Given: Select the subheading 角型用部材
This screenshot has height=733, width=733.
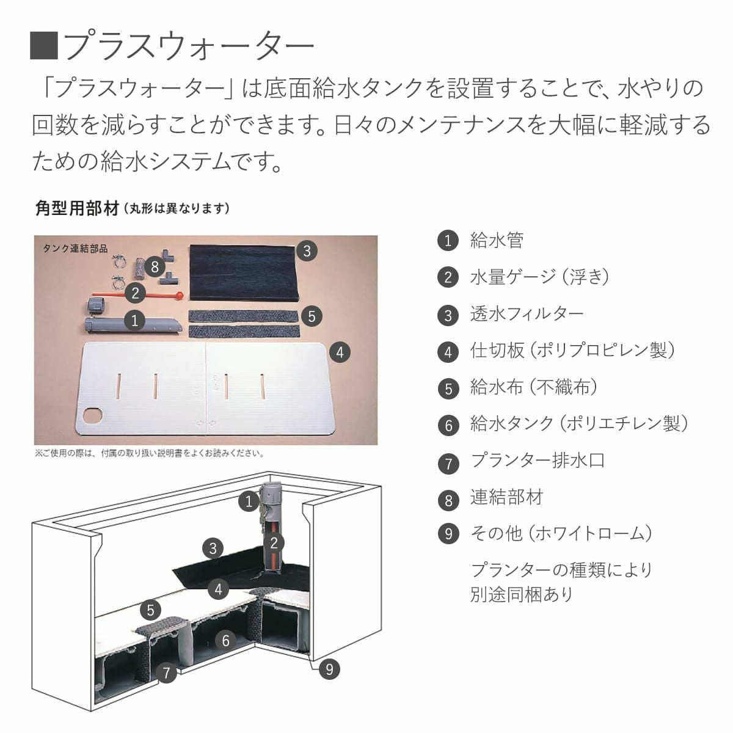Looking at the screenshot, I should tap(76, 208).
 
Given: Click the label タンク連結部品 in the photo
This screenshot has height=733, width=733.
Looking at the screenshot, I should tap(75, 249).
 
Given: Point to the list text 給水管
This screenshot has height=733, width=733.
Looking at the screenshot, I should tap(497, 240).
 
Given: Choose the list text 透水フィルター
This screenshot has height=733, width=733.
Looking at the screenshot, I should tap(527, 314).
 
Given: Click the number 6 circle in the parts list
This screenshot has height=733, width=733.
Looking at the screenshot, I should tap(448, 425).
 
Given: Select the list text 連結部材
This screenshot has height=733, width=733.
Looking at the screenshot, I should tap(506, 497).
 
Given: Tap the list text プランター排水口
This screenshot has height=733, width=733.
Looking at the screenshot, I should tap(537, 460).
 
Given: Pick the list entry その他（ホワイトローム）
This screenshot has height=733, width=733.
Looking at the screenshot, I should tap(561, 533).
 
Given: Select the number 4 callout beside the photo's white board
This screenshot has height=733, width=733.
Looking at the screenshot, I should tap(340, 352).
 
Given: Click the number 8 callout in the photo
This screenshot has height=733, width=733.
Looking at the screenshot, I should tap(155, 267).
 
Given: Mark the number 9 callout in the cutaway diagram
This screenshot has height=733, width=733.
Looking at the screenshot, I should tap(329, 669).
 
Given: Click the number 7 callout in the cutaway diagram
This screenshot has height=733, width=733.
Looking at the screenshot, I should tap(166, 673).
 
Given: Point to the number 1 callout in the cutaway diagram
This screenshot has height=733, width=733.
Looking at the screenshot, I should tap(248, 502).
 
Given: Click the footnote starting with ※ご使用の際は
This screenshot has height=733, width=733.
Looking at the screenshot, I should tap(149, 453).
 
